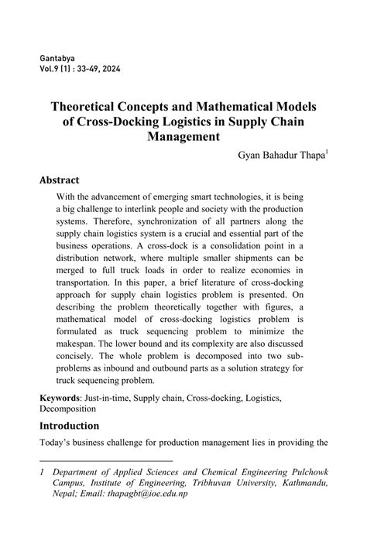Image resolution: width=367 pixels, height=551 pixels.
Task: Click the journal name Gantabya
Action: point(59,59)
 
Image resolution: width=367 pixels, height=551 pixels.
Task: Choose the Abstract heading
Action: point(64,180)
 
